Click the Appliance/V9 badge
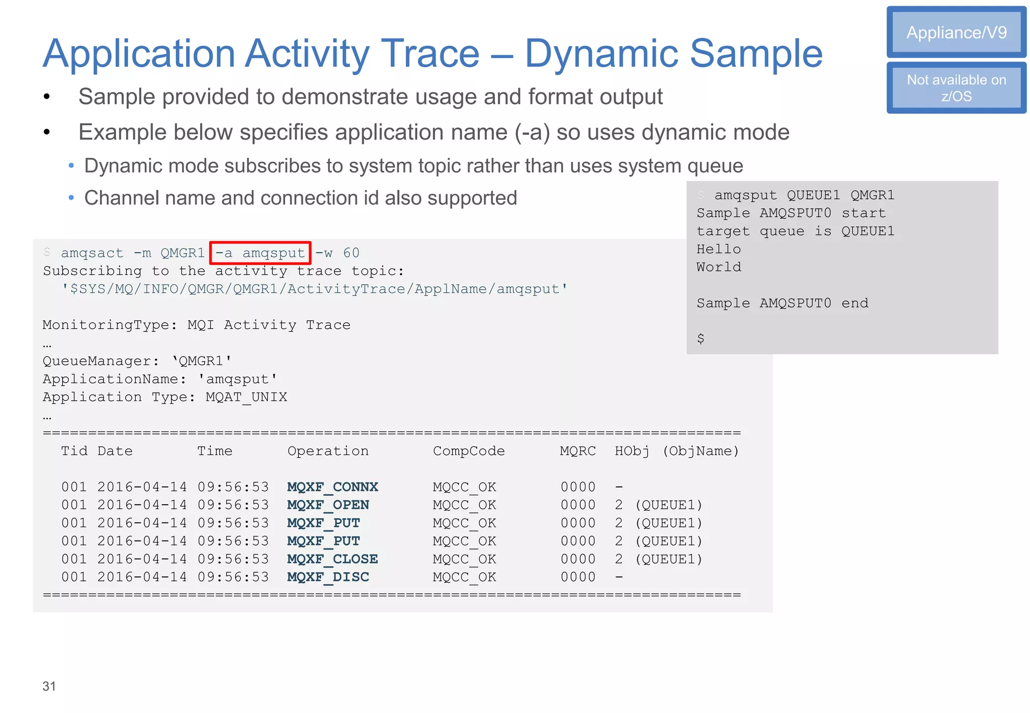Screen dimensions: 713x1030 coord(956,33)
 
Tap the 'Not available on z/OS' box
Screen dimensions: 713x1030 coord(956,88)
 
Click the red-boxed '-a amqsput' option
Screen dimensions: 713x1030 coord(261,253)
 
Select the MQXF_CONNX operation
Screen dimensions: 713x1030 coord(332,487)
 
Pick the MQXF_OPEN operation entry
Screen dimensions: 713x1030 coord(328,505)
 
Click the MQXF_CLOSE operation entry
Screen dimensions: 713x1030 coord(332,559)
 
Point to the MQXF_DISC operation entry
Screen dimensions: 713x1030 coord(328,577)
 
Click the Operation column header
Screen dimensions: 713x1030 coord(328,451)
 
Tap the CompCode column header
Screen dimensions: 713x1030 coord(469,451)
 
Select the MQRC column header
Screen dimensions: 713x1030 coord(578,451)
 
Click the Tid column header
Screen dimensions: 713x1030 coord(74,451)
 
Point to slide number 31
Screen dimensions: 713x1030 coord(49,686)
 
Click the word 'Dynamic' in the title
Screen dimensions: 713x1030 coord(602,53)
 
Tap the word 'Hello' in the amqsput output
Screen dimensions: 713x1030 coord(719,249)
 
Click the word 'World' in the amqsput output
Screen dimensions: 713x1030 coord(719,267)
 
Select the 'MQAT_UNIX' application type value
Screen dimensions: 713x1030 coord(246,397)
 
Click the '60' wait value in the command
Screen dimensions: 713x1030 coord(351,253)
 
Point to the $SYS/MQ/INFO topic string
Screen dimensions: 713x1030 coord(315,289)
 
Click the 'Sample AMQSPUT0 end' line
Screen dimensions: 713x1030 coord(782,303)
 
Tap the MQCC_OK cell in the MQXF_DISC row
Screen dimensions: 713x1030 coord(464,577)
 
